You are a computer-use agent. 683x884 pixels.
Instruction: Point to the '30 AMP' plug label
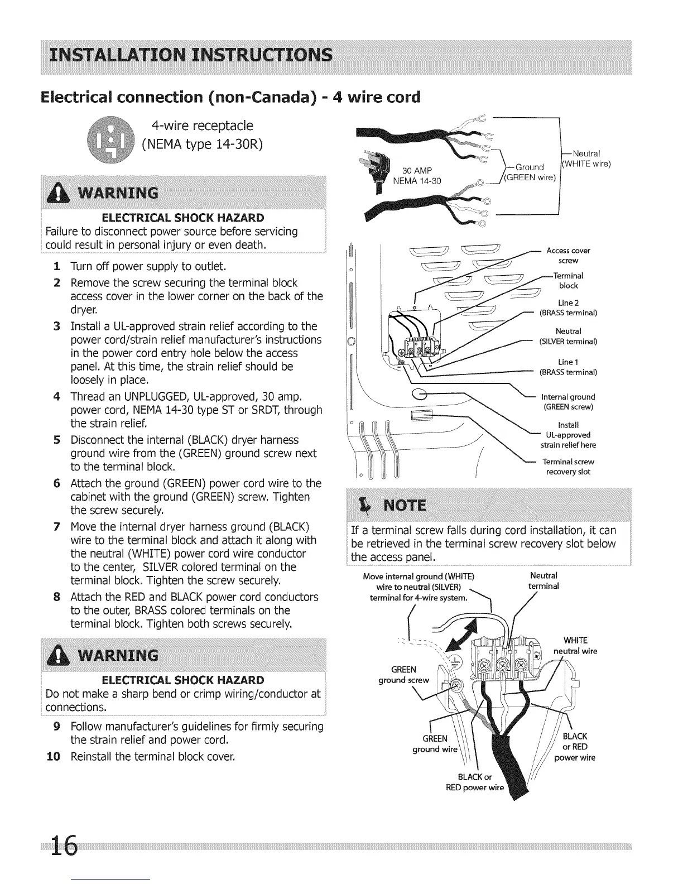[418, 170]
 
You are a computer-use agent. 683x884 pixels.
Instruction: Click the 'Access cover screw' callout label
[568, 256]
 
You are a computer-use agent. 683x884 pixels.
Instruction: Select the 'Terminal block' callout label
[568, 280]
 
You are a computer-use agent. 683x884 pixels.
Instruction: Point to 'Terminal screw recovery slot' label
[568, 467]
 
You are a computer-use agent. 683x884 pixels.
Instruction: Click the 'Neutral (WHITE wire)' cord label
[586, 158]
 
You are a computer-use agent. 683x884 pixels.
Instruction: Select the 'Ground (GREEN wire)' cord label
[529, 172]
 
